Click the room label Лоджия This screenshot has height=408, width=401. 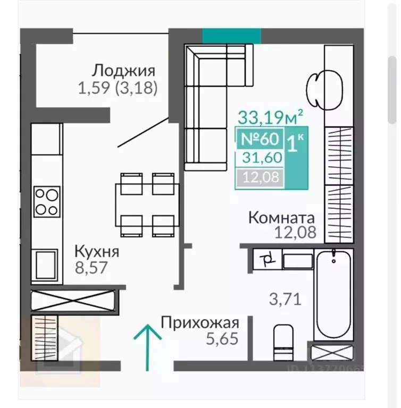123,71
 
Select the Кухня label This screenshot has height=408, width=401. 96,251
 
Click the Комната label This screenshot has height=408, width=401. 282,217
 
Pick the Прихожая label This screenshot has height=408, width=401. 200,322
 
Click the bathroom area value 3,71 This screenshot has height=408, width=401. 285,299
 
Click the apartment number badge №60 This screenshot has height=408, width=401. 260,139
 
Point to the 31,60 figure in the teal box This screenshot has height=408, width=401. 261,157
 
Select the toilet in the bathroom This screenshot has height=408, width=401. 282,342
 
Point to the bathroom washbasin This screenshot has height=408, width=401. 297,261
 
